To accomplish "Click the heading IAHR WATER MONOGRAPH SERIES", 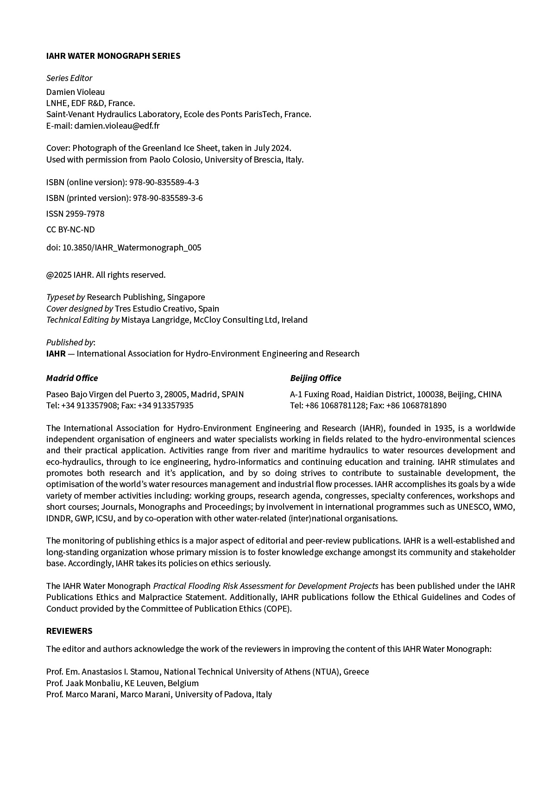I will click(113, 56).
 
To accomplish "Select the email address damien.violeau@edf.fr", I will click(117, 125).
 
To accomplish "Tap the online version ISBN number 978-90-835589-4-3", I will click(164, 182).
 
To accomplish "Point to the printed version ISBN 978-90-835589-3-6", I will click(168, 198).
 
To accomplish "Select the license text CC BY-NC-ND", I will click(70, 230).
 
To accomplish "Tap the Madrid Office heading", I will click(72, 378).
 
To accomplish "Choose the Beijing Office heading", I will click(316, 378).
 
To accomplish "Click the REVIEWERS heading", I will click(69, 631).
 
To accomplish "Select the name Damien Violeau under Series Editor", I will click(76, 92).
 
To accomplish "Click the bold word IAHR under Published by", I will click(56, 354).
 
